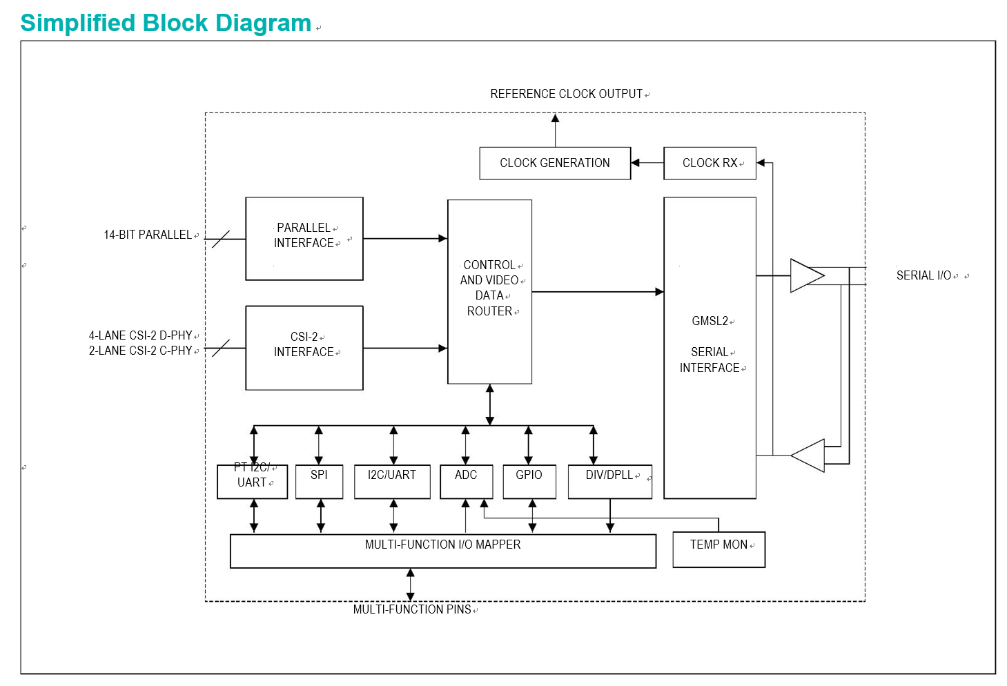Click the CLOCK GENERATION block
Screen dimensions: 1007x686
click(x=555, y=163)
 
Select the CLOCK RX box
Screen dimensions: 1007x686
click(x=710, y=163)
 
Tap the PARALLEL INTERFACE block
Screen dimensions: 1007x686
click(x=304, y=239)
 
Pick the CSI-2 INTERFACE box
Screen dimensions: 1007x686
click(x=304, y=348)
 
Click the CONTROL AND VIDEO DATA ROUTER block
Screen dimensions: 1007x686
click(x=489, y=292)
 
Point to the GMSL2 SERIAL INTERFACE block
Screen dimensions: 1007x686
click(x=710, y=348)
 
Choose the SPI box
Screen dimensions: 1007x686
click(x=319, y=482)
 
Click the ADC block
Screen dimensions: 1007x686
click(x=466, y=482)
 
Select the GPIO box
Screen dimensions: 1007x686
click(x=529, y=482)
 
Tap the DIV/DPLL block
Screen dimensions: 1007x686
click(x=610, y=482)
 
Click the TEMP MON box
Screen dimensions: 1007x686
click(x=718, y=550)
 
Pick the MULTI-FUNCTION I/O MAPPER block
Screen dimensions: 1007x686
click(x=443, y=551)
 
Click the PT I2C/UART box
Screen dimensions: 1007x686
click(x=252, y=482)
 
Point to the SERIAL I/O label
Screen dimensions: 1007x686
click(x=924, y=275)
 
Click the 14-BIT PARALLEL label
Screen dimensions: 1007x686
click(x=148, y=235)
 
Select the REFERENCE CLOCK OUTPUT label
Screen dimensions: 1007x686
click(x=566, y=94)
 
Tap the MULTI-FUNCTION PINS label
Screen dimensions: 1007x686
click(x=412, y=609)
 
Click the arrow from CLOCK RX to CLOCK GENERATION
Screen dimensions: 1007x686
click(x=647, y=163)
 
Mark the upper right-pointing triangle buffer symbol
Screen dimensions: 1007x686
click(x=808, y=275)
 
